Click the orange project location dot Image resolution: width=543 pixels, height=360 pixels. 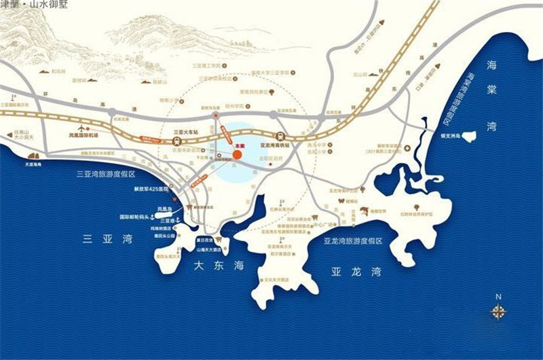238,154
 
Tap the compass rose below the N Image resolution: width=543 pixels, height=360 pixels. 499,312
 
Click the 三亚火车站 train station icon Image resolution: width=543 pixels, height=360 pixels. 176,141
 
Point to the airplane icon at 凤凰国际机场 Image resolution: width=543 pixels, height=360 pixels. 83,127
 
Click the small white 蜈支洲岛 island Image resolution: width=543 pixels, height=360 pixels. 469,136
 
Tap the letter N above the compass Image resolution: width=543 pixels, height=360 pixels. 498,296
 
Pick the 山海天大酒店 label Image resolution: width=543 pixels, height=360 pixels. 210,250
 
